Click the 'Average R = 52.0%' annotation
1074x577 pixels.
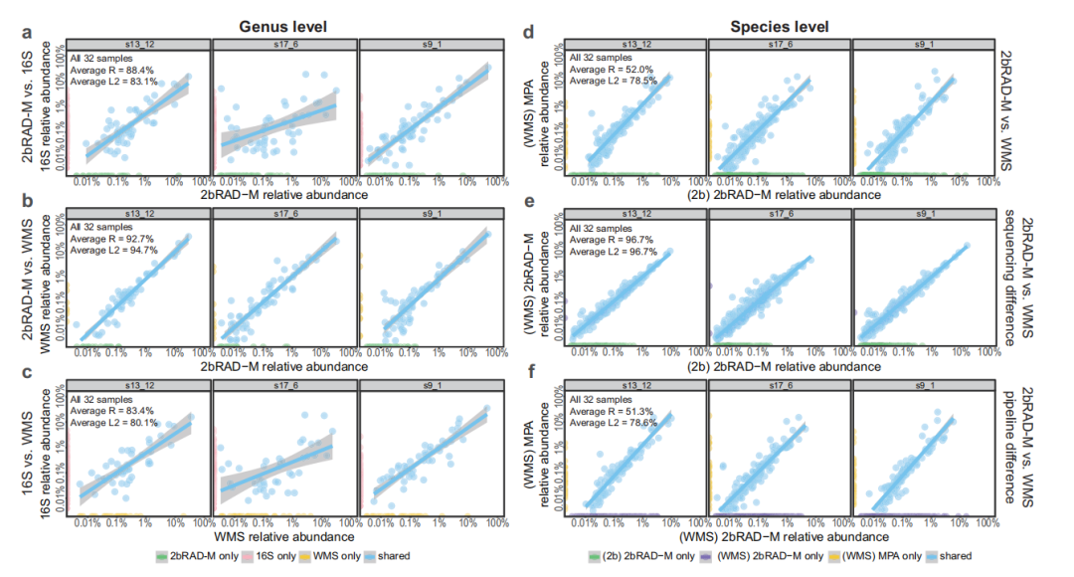(605, 70)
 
